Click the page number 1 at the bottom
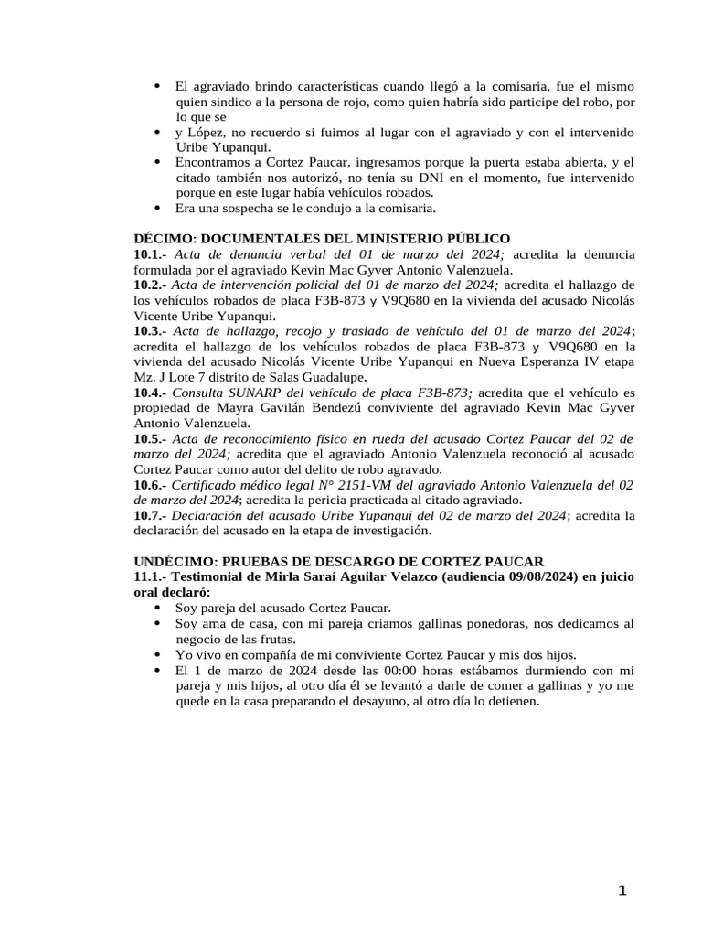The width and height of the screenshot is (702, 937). [x=622, y=891]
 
